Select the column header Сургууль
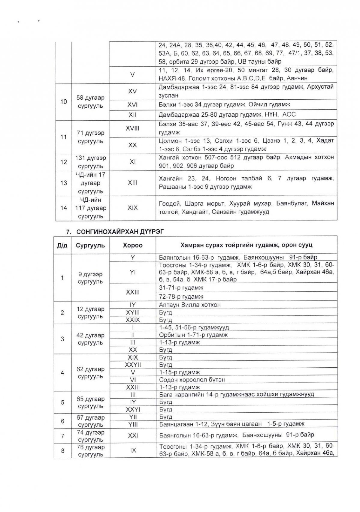(x=90, y=245)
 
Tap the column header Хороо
(x=132, y=245)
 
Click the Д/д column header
(x=62, y=245)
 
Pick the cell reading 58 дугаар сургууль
(x=90, y=102)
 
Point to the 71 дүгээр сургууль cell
(x=90, y=137)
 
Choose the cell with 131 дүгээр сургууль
(x=90, y=162)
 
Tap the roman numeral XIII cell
(x=132, y=182)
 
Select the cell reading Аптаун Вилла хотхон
(x=190, y=305)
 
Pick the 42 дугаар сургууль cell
(x=90, y=339)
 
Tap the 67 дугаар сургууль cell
(x=90, y=421)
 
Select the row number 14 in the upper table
(x=63, y=208)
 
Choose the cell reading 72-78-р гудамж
(x=181, y=297)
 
